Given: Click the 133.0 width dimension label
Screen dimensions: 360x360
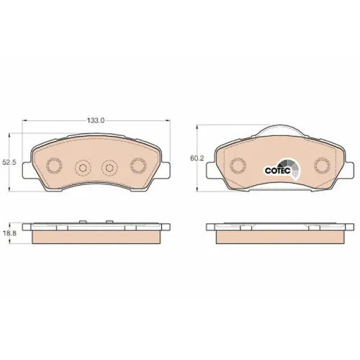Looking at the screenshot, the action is tap(96, 120).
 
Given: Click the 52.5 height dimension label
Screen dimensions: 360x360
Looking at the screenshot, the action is tap(9, 163).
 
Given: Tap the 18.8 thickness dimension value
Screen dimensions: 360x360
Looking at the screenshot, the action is tap(9, 233).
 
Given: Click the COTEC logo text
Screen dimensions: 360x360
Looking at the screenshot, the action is tap(278, 171).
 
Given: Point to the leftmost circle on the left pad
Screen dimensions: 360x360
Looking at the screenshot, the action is tap(54, 166).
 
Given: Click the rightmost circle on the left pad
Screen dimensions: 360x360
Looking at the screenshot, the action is tap(138, 166).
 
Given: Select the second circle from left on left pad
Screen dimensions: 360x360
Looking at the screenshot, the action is tap(83, 168).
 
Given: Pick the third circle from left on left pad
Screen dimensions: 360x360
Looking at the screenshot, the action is tap(109, 168).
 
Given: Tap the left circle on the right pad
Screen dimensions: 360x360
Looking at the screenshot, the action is tap(238, 166).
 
